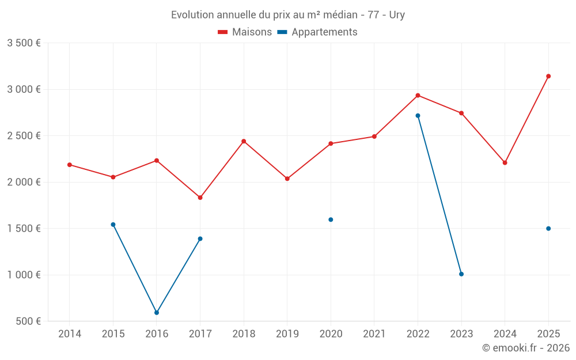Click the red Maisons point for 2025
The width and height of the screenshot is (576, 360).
(x=548, y=76)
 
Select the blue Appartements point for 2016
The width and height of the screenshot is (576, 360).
(x=157, y=313)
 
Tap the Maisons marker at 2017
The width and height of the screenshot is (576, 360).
(x=200, y=198)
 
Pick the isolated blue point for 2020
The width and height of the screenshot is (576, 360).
(x=331, y=219)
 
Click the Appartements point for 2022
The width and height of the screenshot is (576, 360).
(x=418, y=116)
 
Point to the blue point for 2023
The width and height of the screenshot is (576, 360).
(x=461, y=274)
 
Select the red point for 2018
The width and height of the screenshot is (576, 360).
(x=244, y=141)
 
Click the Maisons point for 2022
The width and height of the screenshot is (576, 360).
(x=418, y=96)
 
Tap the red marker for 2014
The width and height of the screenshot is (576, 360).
(x=70, y=165)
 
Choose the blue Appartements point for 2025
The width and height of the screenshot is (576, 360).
(x=548, y=229)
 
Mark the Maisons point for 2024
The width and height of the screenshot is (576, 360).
(x=505, y=163)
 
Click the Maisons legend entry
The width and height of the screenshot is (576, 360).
(x=245, y=32)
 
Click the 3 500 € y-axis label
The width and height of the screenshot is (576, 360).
(x=24, y=43)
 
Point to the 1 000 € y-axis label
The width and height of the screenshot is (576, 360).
(x=24, y=275)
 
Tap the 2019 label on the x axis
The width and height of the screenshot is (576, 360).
(x=287, y=334)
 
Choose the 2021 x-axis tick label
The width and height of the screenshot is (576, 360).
(x=374, y=334)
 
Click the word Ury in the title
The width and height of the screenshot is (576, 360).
(x=397, y=15)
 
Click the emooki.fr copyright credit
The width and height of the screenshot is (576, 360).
(x=525, y=348)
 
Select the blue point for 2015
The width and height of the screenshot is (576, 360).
(x=113, y=225)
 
